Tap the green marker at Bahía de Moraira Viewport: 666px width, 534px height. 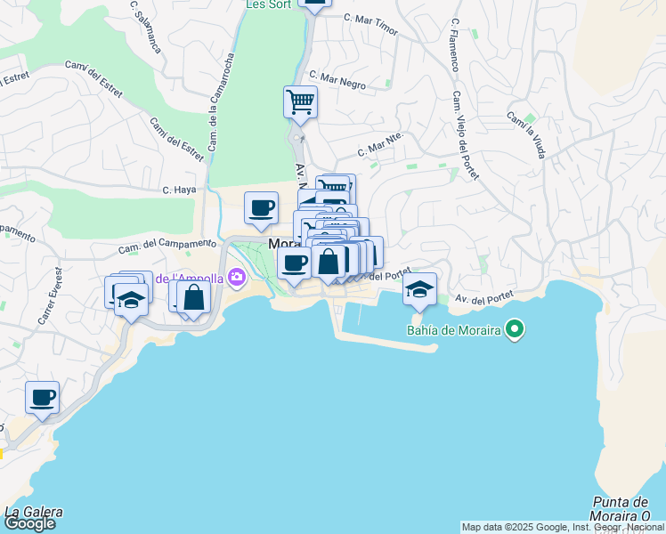click(514, 331)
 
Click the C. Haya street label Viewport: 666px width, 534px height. click(178, 190)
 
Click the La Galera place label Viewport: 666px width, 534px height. click(34, 511)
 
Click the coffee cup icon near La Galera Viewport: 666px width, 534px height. click(42, 397)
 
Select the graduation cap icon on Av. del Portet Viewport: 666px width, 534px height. click(419, 288)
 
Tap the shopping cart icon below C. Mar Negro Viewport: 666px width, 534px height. click(301, 101)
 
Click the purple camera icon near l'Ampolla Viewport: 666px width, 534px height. click(236, 278)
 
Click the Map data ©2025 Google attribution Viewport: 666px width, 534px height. click(563, 527)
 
